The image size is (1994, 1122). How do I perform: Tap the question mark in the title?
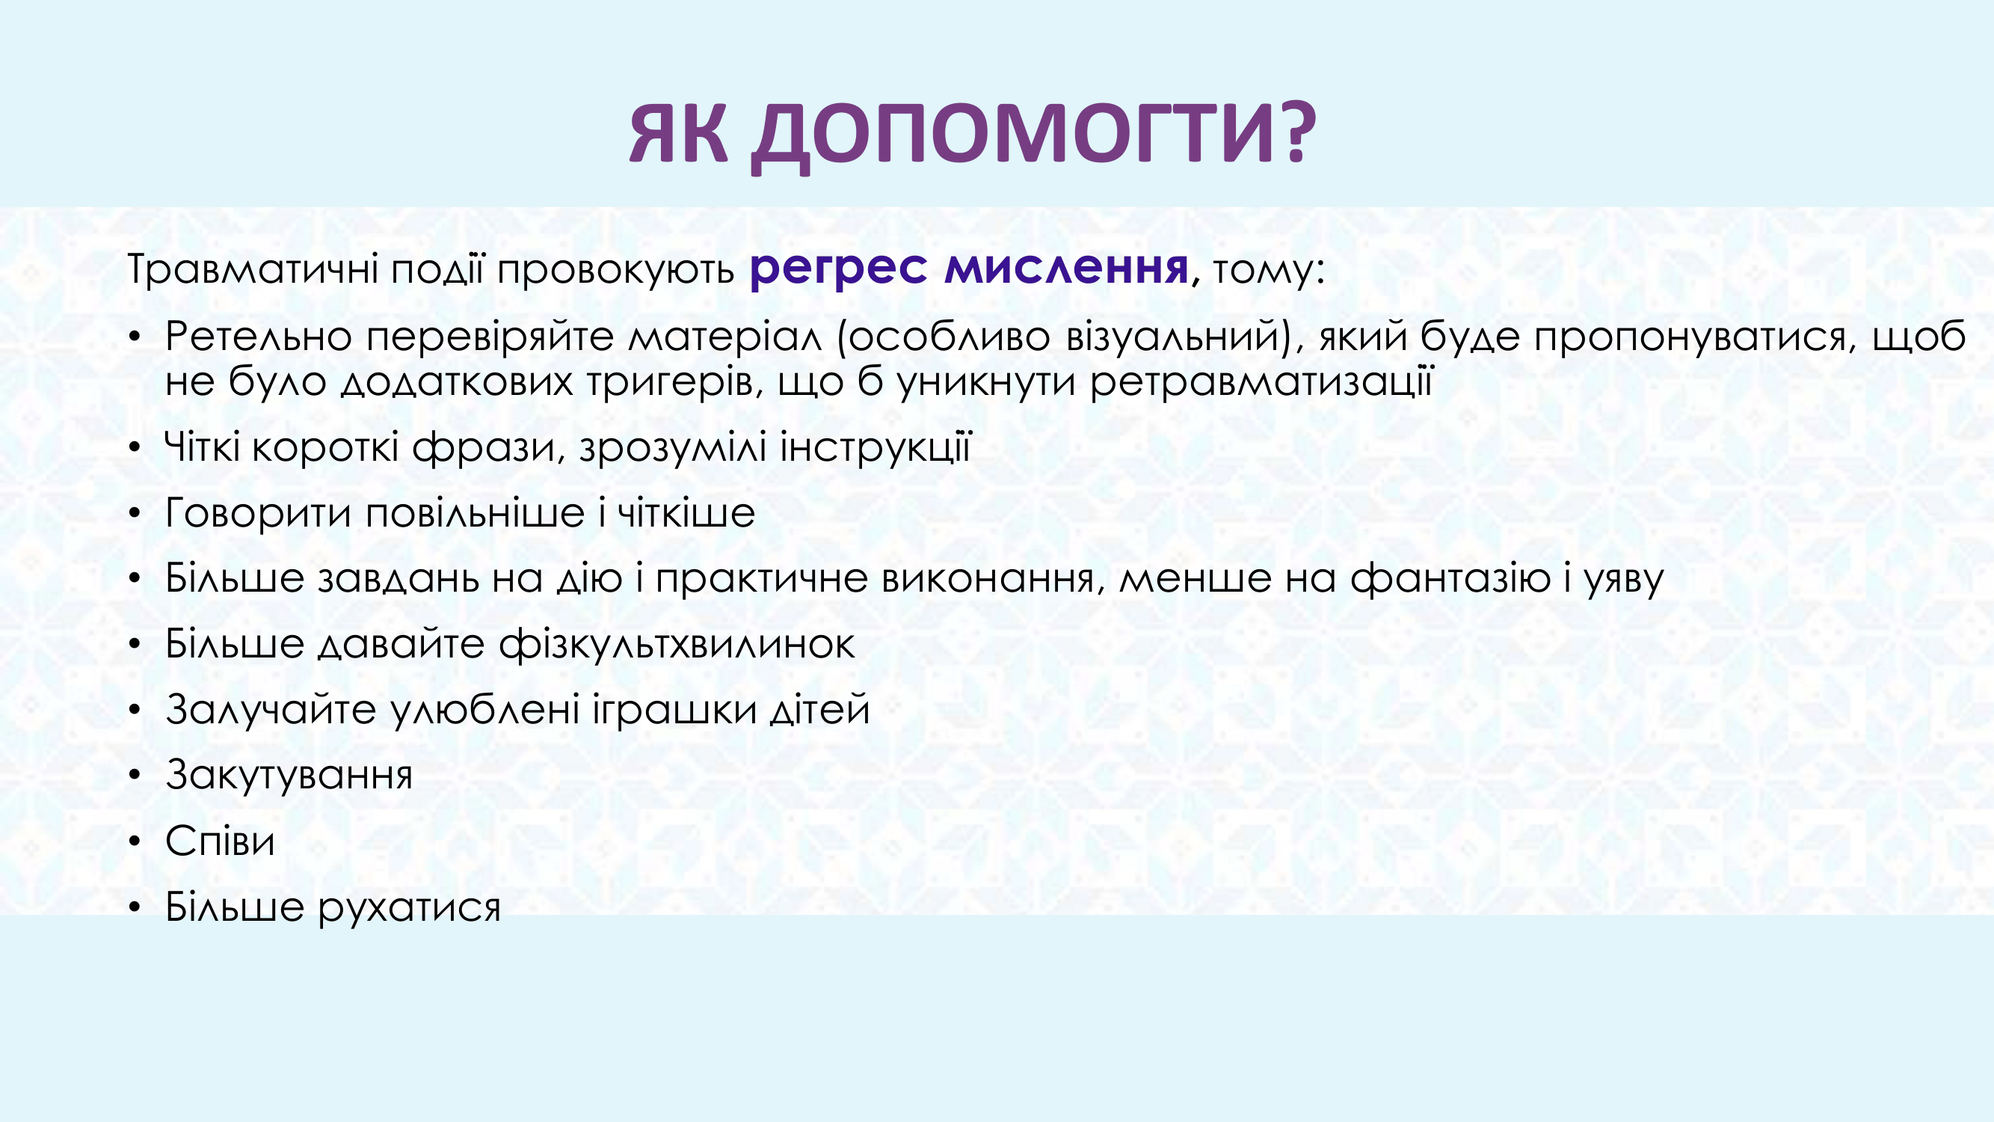tap(1296, 132)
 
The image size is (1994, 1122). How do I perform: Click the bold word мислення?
tap(1066, 268)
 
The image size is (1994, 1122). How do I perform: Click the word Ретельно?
tap(259, 336)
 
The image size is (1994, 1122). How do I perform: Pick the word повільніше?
tap(475, 512)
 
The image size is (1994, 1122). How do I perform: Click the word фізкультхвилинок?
tap(677, 644)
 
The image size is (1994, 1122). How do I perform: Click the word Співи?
tap(220, 841)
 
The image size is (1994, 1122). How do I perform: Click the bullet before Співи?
tap(135, 841)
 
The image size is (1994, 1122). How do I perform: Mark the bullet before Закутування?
tap(135, 776)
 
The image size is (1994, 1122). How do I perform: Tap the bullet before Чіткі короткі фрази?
tap(135, 447)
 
